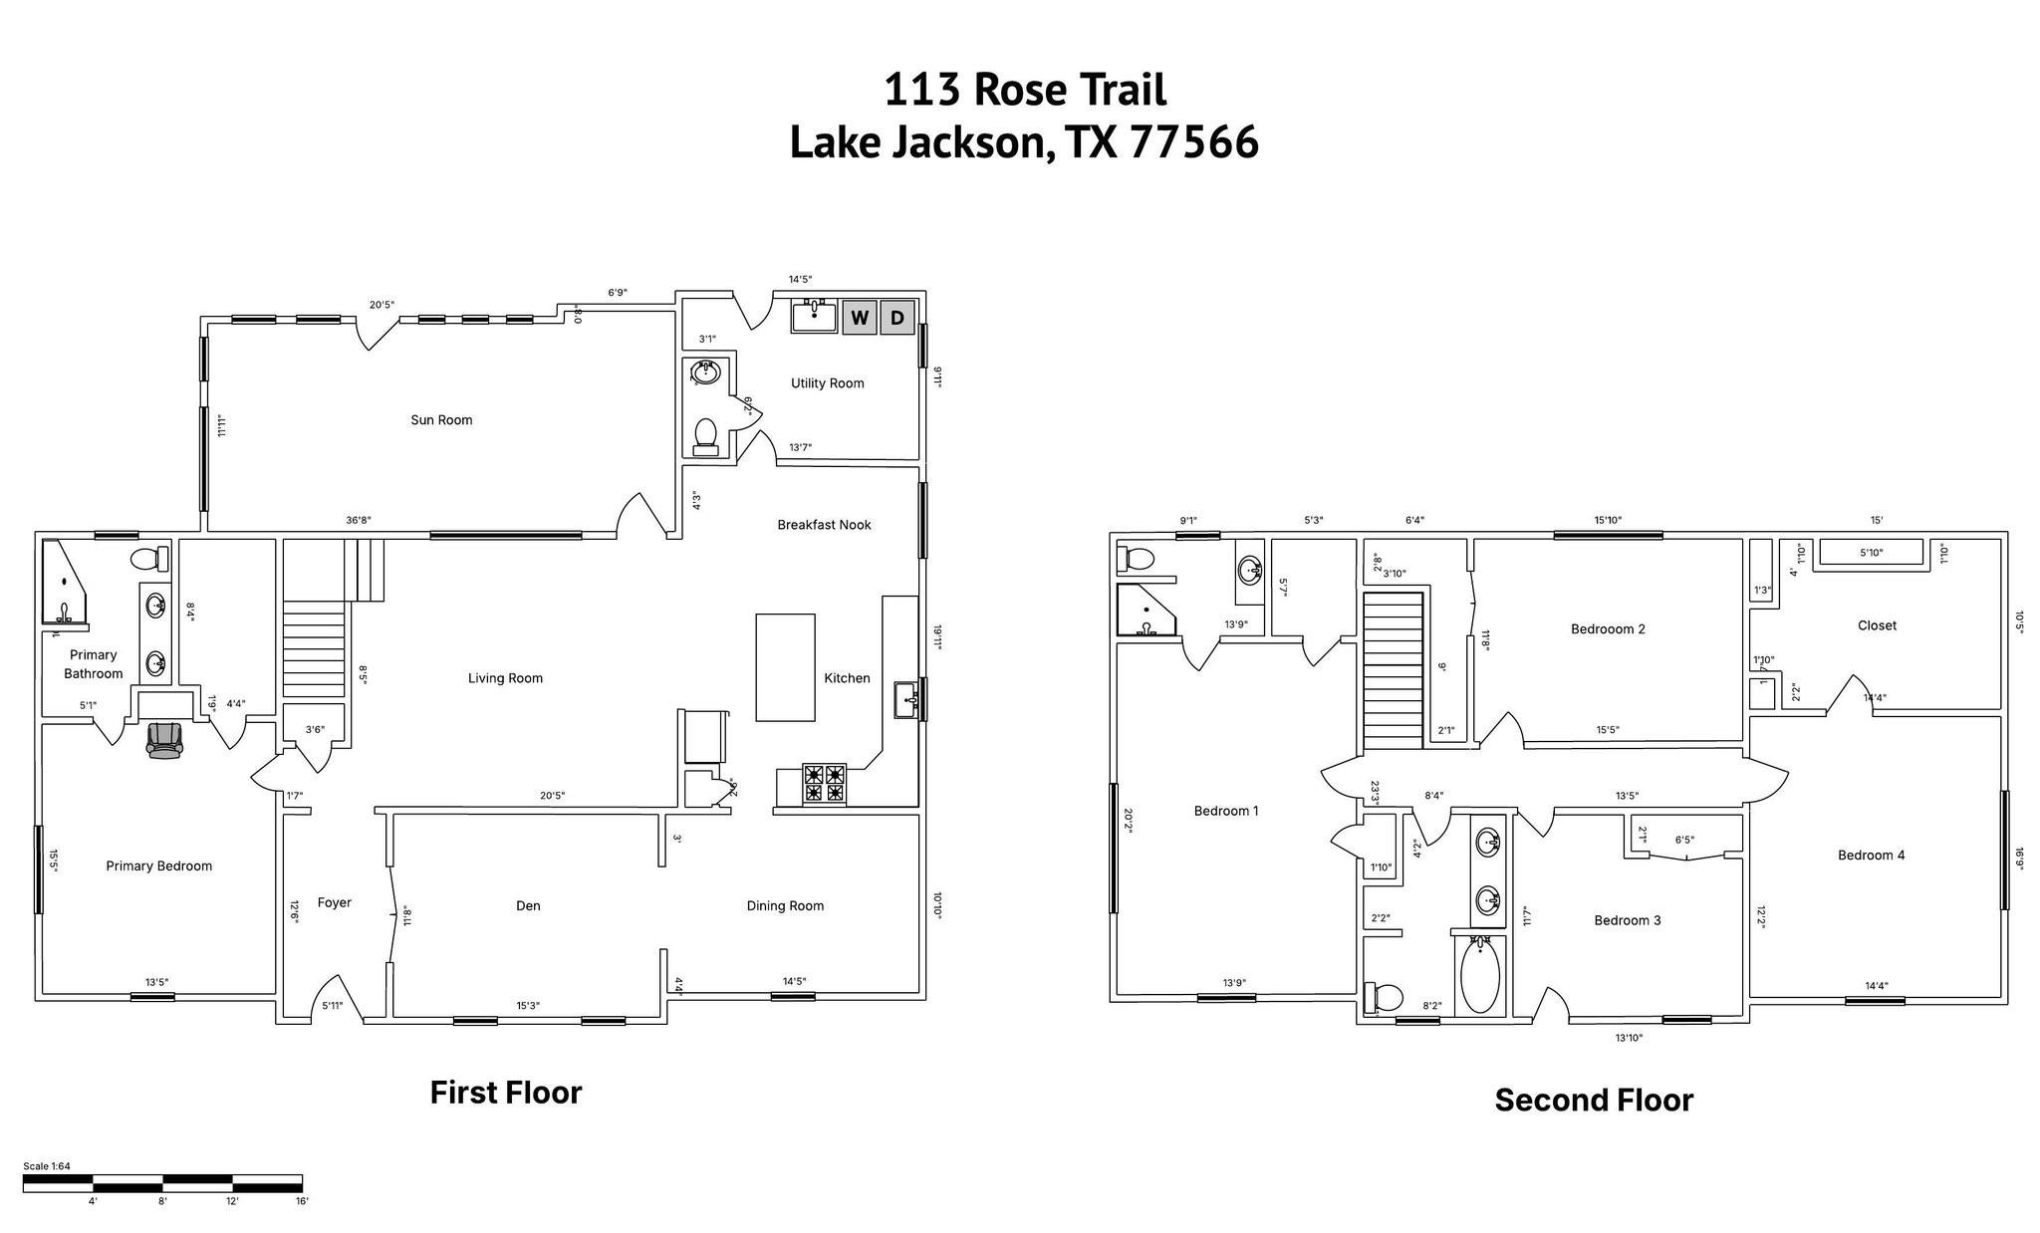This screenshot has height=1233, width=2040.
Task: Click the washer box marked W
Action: click(x=859, y=319)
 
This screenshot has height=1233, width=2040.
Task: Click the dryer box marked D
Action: click(x=896, y=319)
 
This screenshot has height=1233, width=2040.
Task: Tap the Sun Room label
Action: click(x=441, y=420)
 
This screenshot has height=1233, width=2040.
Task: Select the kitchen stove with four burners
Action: click(x=825, y=783)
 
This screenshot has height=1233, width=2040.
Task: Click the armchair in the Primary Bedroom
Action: click(x=165, y=740)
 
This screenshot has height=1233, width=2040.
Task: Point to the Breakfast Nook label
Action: click(x=824, y=525)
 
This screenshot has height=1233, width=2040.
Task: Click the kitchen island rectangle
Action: click(x=785, y=667)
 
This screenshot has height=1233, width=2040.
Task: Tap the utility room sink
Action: click(x=814, y=317)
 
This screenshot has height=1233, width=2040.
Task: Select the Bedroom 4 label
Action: click(x=1871, y=855)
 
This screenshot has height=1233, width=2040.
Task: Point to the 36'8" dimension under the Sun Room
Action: click(x=359, y=520)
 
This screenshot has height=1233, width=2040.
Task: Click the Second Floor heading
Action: click(x=1593, y=1101)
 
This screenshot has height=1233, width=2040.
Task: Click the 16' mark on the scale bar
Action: click(x=302, y=1201)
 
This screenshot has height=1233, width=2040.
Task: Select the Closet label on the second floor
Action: click(x=1877, y=625)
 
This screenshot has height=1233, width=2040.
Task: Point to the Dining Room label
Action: click(x=785, y=905)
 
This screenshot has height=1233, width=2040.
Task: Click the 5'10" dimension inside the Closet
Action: click(x=1871, y=553)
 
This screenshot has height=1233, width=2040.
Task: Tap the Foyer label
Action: click(x=334, y=902)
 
